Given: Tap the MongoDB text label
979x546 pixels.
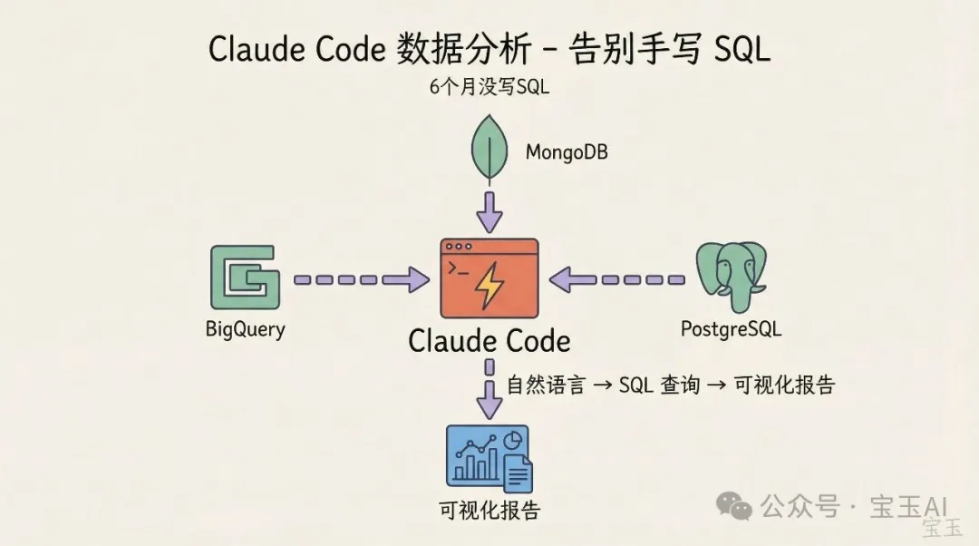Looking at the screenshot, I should (x=567, y=151).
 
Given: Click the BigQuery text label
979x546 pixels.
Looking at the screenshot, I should (x=245, y=328).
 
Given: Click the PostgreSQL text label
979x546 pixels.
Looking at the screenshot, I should (x=731, y=328).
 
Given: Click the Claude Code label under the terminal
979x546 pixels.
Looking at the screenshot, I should (x=489, y=341).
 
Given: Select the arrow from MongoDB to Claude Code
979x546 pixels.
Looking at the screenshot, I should (x=489, y=211).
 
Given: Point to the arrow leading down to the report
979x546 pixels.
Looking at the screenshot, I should (x=489, y=391).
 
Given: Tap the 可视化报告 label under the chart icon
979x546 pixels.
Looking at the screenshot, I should (x=489, y=510).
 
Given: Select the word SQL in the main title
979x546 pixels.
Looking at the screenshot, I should (x=742, y=50).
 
